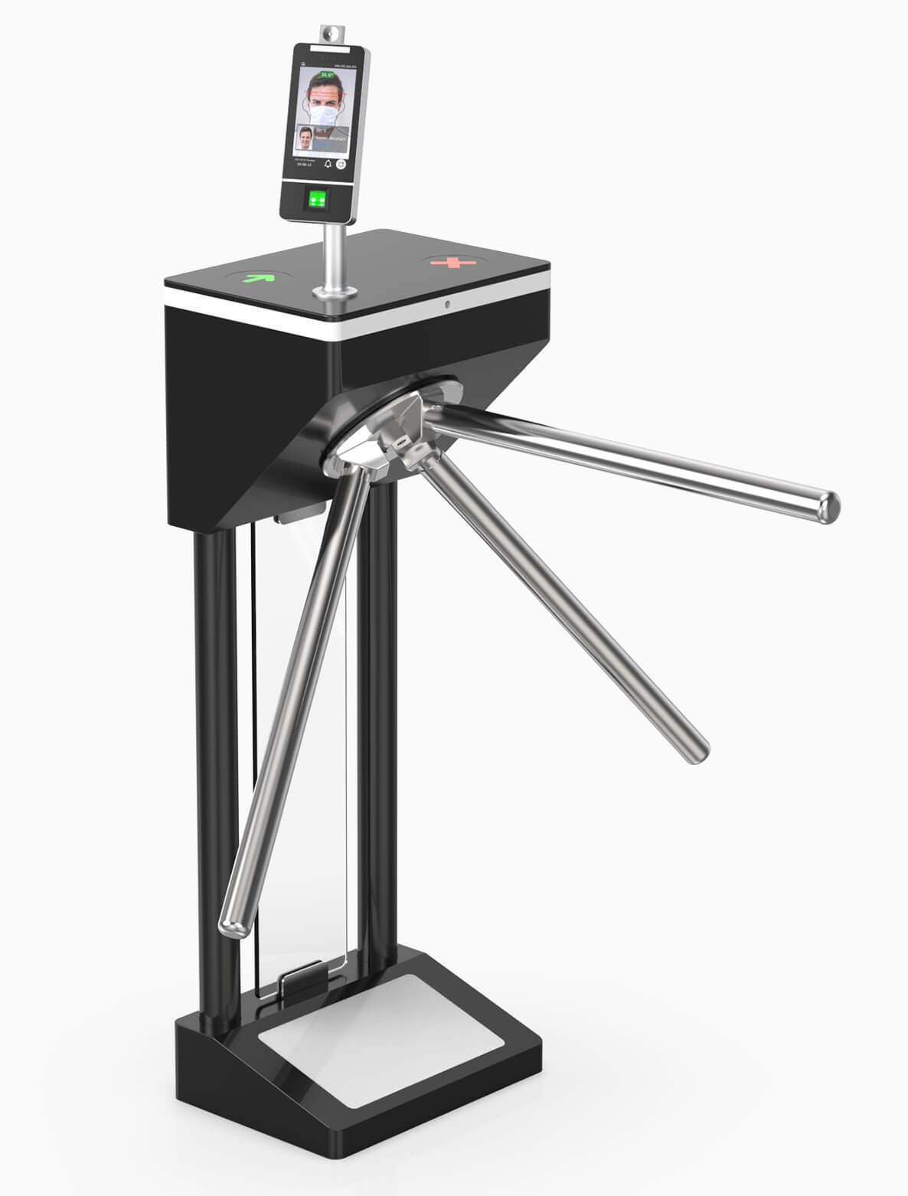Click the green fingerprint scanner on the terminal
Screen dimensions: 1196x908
[317, 200]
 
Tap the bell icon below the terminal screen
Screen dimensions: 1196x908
[328, 164]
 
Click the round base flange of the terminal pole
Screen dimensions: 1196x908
[334, 292]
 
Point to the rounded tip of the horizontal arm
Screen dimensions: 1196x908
[828, 507]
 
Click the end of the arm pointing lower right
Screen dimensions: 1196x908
[697, 751]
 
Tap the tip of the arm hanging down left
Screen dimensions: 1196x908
[231, 926]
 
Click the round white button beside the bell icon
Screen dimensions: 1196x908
[341, 163]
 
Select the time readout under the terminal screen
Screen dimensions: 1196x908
[304, 164]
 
